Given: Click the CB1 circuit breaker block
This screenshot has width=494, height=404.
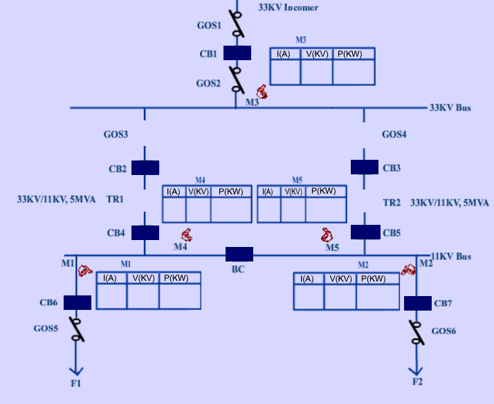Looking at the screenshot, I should (x=237, y=53).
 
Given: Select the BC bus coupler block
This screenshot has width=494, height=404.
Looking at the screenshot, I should (x=239, y=254).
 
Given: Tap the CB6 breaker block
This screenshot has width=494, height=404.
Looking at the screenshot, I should (x=77, y=302).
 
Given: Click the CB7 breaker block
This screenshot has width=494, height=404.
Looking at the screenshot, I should (x=417, y=303).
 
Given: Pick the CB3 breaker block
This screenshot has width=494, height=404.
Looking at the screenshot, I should (x=365, y=167).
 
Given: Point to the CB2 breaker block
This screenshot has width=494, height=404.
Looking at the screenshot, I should (x=145, y=167).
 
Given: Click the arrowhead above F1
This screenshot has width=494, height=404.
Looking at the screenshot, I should (x=75, y=368).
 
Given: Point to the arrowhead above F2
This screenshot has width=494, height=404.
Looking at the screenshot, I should (x=417, y=368).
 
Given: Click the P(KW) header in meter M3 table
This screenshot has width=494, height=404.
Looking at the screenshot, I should (x=354, y=54).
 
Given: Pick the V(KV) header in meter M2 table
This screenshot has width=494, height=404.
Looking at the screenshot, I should (x=340, y=279).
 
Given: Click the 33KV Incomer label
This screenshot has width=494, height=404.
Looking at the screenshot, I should (x=288, y=8).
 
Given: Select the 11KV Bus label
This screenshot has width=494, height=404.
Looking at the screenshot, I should (x=451, y=257).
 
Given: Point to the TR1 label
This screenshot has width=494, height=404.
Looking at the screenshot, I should (x=115, y=199).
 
